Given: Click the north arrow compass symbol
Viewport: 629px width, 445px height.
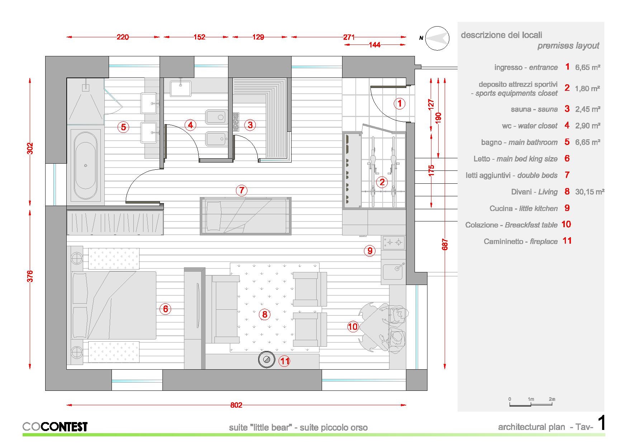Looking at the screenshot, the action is coord(437,38).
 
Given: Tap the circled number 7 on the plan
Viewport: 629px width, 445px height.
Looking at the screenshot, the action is coord(242,190).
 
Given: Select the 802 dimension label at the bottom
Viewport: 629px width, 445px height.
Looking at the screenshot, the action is coord(236,405).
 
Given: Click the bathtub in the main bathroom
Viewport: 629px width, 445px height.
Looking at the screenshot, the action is coord(85,165).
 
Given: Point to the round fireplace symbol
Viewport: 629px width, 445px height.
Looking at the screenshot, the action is coord(266,360).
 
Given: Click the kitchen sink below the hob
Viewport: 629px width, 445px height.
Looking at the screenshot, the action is coord(393,271).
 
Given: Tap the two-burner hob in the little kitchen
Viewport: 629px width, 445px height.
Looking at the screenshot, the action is coord(394,243).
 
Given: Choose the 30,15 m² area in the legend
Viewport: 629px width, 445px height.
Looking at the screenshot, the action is coord(590,192).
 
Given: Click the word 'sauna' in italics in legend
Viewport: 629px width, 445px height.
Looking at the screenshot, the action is coord(548,109).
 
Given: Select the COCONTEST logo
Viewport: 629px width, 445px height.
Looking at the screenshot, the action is coord(55,426).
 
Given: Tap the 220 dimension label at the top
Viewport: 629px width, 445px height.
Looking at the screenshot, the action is coord(123,37).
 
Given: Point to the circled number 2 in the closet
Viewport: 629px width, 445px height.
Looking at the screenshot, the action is coord(382,182).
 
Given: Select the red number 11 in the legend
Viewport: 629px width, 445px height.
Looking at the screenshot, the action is coord(567,241).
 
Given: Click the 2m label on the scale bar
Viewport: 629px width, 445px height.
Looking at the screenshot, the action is coord(552,399).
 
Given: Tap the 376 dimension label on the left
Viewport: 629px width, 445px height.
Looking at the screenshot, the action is coord(30,276).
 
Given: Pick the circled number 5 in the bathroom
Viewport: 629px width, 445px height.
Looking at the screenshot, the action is coord(123,127).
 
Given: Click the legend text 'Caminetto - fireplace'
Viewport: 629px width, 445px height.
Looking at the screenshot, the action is coord(521,242).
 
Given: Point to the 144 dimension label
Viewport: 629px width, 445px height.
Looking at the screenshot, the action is coord(375,45).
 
